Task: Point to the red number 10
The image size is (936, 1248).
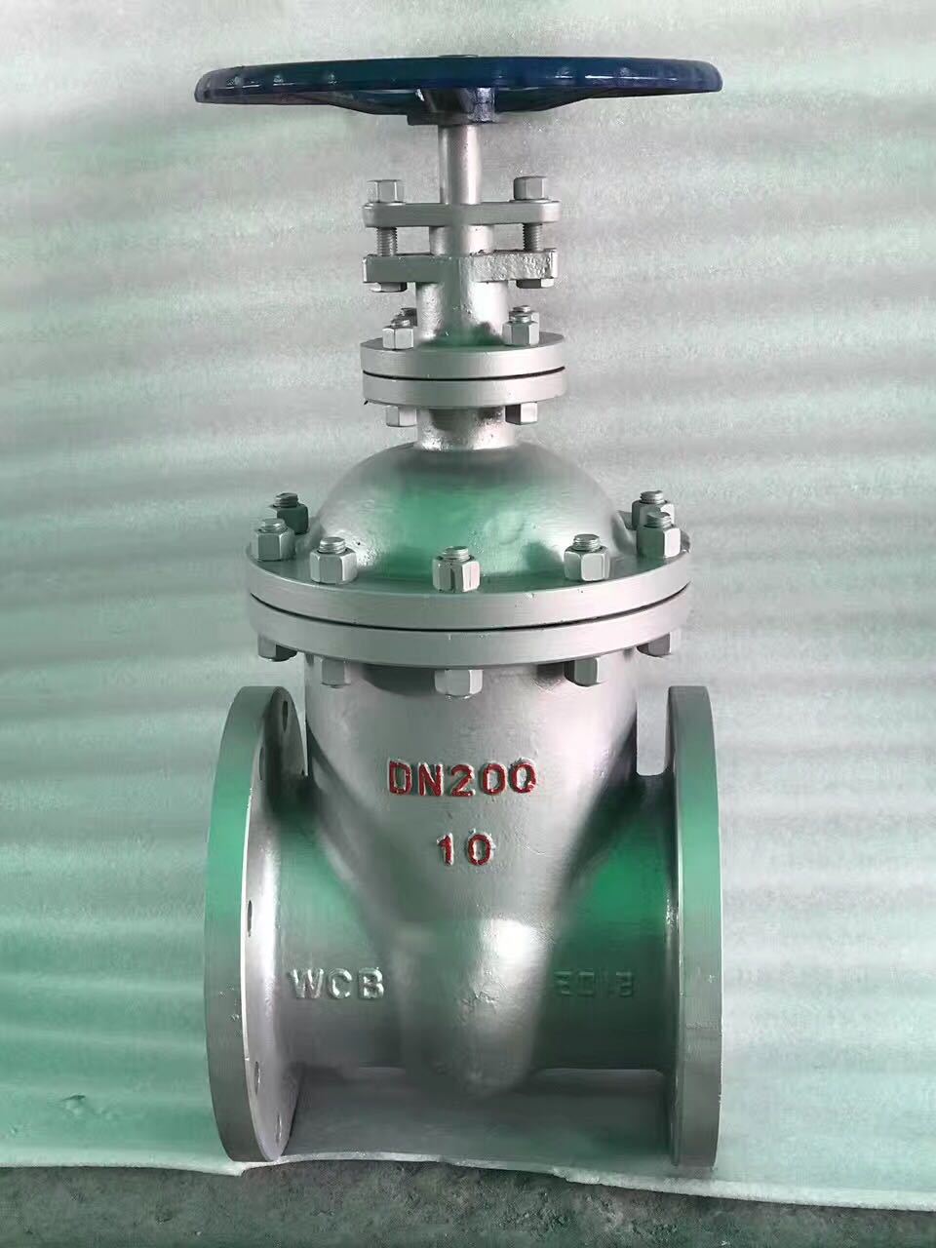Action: (464, 851)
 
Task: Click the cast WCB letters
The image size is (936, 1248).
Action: (336, 983)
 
